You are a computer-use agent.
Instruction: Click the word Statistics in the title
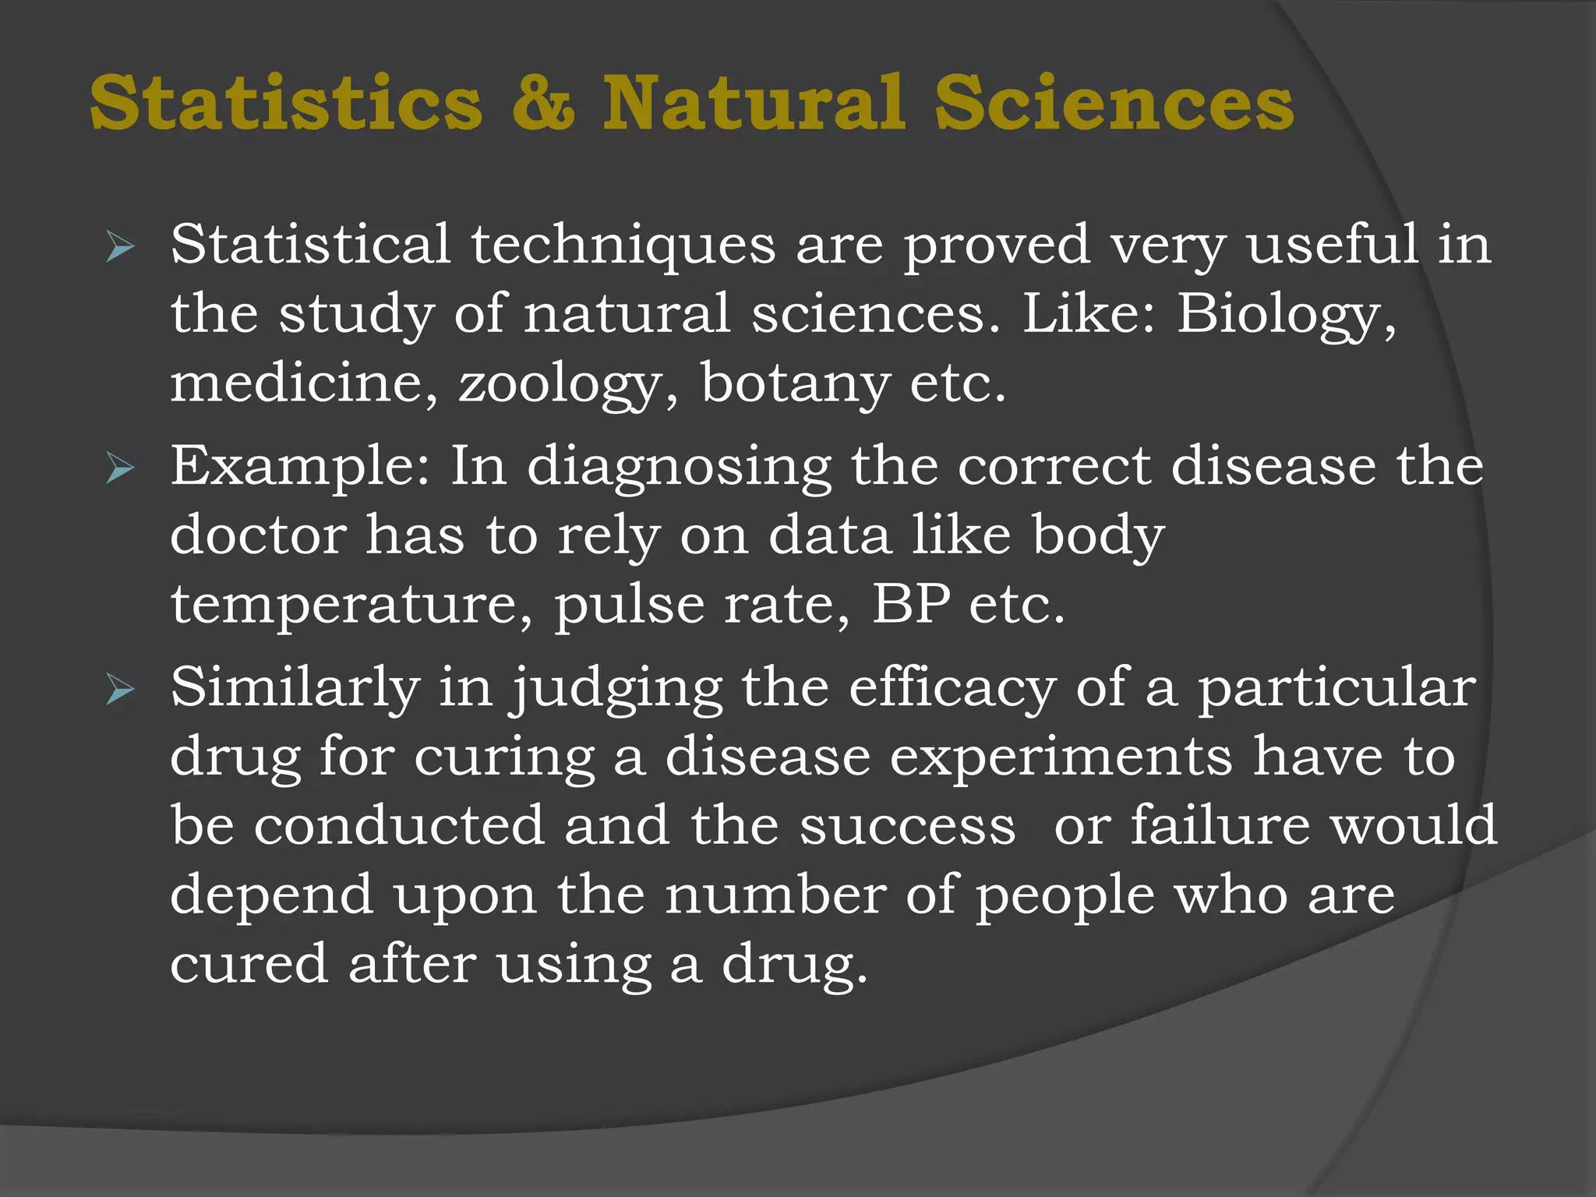click(286, 103)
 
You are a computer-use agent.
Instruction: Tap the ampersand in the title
click(543, 103)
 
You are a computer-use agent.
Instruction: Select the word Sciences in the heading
click(1114, 103)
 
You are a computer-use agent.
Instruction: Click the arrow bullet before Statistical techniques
click(120, 248)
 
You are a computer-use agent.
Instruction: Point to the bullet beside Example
click(120, 469)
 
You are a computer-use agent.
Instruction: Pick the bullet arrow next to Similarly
click(120, 690)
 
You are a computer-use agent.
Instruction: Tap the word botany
click(795, 383)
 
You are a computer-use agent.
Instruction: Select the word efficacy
click(952, 689)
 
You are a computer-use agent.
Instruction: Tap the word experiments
click(1061, 757)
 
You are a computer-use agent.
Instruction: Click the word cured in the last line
click(249, 964)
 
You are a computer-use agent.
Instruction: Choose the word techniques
click(623, 246)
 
